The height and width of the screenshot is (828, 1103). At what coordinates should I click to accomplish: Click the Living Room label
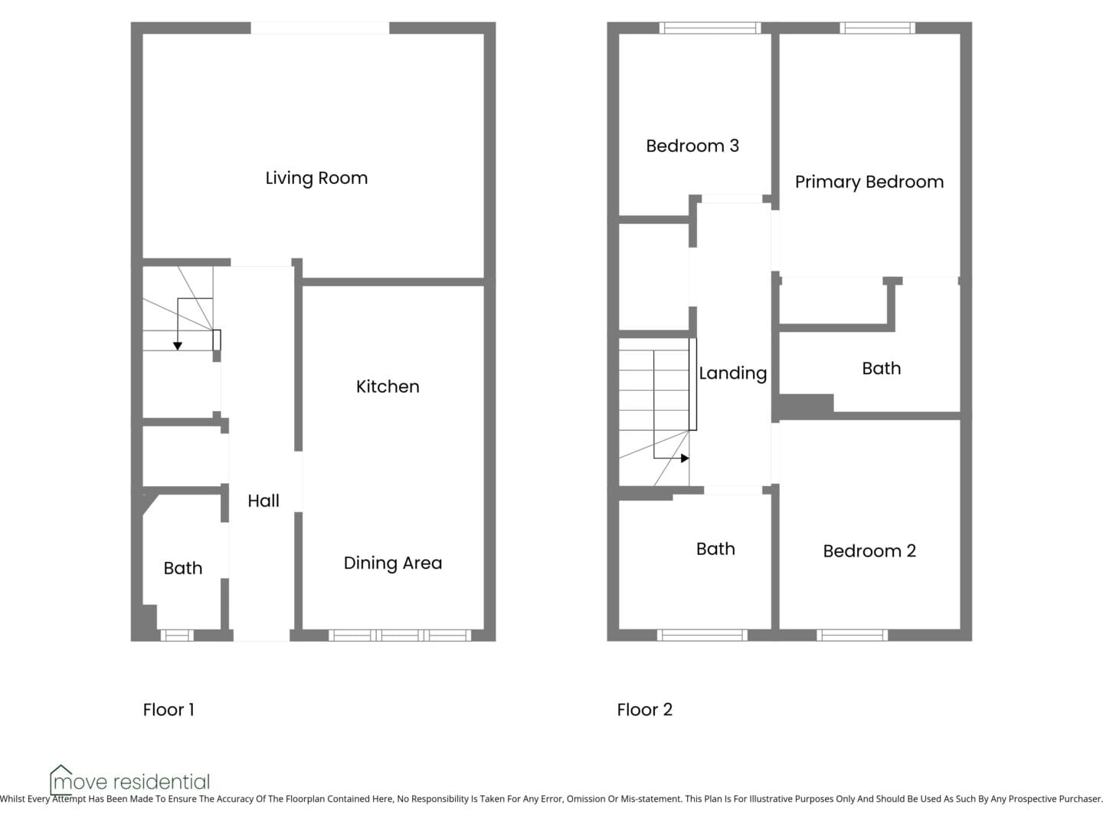316,178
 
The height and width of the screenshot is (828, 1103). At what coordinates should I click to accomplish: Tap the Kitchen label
388,386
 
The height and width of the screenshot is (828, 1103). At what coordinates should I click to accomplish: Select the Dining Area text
393,563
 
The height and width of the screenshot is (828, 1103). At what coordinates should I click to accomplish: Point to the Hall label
263,500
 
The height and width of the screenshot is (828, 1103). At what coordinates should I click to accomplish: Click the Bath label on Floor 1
183,568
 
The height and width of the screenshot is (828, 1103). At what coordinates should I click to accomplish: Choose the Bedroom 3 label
692,146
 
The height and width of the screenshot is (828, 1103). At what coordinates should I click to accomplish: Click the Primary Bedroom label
869,182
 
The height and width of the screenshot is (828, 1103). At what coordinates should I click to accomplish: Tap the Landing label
733,373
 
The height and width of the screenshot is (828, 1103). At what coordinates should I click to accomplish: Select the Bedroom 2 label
869,551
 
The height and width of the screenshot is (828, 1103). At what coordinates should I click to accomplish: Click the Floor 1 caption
169,709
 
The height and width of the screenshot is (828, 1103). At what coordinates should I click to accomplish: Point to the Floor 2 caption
645,709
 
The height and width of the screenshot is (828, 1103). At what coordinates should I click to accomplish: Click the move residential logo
129,780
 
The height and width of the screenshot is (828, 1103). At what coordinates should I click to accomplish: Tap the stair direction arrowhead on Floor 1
178,346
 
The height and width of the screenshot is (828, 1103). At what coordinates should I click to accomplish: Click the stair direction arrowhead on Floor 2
685,458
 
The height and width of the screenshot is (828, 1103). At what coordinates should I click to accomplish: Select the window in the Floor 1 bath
177,636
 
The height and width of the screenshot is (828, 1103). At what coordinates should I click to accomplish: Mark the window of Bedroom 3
710,28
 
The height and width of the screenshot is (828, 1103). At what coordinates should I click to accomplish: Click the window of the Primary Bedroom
877,28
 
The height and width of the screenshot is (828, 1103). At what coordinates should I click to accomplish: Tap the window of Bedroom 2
853,636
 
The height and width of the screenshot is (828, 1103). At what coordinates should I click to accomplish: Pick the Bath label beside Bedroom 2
715,548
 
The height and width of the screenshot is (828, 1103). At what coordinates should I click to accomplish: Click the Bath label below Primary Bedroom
882,368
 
